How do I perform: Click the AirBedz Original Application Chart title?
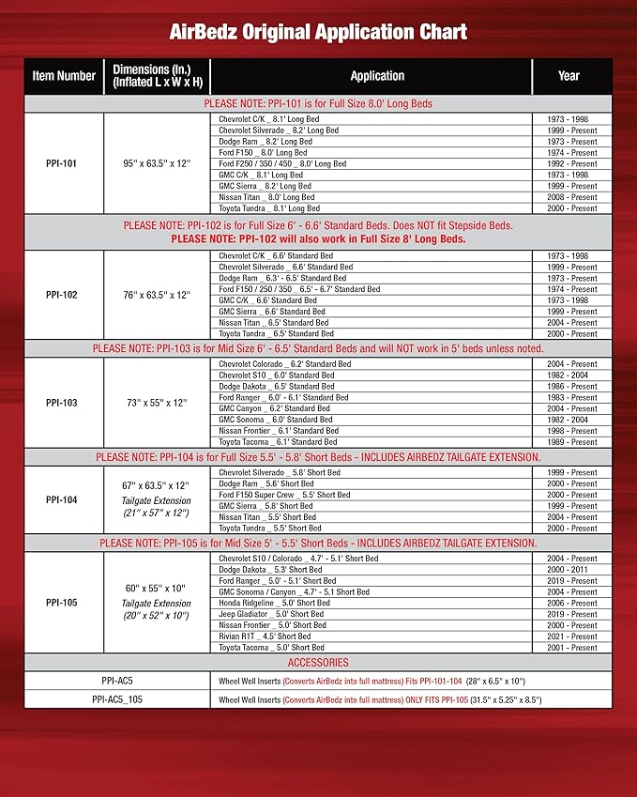click(x=318, y=33)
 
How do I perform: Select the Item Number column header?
click(x=64, y=76)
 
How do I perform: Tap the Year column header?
click(x=569, y=76)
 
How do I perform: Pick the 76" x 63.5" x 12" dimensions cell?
click(x=157, y=295)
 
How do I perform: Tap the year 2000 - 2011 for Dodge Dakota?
click(x=570, y=570)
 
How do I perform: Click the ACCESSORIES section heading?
click(x=318, y=663)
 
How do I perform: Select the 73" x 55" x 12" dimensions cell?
click(x=157, y=403)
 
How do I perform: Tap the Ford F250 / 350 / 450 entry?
click(x=282, y=163)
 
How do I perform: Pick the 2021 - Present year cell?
click(x=570, y=636)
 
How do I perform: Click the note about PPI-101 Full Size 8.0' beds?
click(x=318, y=103)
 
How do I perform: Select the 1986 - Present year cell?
click(x=570, y=386)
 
